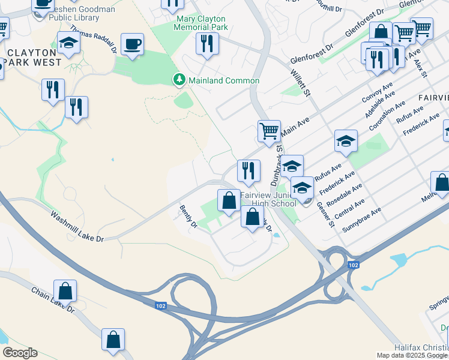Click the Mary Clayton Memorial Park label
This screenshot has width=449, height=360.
(x=202, y=23)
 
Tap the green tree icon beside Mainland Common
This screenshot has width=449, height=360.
(x=178, y=80)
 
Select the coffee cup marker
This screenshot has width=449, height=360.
(x=132, y=44)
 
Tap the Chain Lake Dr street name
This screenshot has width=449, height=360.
(x=53, y=300)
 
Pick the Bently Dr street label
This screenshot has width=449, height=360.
(x=188, y=217)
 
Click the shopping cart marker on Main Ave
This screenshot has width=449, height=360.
(x=269, y=131)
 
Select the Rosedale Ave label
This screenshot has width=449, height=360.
(x=348, y=196)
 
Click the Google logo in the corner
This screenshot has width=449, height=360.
(x=20, y=353)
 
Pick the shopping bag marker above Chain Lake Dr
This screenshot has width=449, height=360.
(x=65, y=292)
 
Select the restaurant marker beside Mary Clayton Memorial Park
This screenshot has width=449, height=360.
(x=207, y=44)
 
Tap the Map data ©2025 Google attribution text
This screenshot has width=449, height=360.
(x=412, y=355)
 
